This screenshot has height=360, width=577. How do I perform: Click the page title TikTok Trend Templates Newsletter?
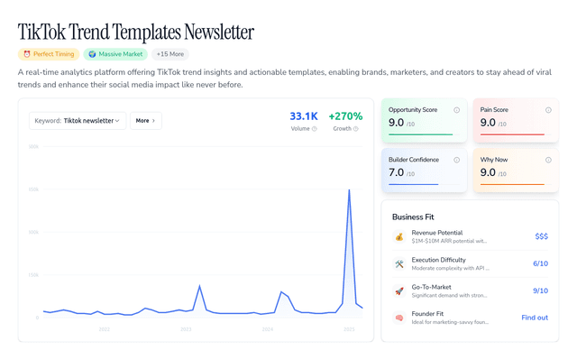(135, 32)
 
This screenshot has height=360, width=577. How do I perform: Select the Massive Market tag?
(115, 54)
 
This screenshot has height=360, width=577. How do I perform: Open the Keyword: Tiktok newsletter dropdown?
(77, 120)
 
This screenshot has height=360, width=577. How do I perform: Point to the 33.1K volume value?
(303, 116)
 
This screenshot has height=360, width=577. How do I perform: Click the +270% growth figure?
(345, 116)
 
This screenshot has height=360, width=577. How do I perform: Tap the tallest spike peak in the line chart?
(349, 189)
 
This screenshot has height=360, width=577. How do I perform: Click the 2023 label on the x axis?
(186, 330)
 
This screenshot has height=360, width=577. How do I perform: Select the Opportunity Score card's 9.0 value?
(396, 122)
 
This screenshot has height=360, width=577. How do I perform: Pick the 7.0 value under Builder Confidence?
(396, 171)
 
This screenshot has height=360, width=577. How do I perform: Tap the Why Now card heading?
(496, 160)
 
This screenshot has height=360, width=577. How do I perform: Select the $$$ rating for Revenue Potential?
(541, 236)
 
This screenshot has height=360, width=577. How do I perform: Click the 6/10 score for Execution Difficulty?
(540, 263)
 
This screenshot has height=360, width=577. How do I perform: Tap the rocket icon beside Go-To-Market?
(398, 291)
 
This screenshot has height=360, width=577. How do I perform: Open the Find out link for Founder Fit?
(535, 318)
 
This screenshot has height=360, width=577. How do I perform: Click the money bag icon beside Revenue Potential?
(398, 236)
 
